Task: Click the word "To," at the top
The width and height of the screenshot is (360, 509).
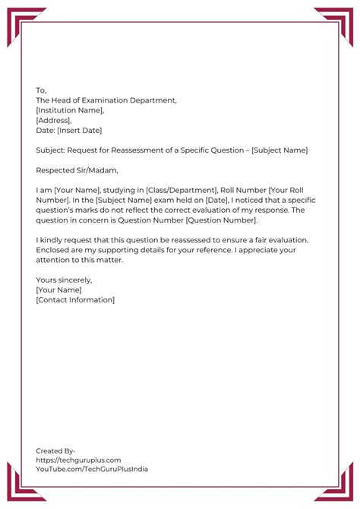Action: click(41, 90)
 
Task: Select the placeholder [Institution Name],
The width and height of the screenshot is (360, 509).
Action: click(70, 110)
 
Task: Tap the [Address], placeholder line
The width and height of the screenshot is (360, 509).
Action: click(54, 120)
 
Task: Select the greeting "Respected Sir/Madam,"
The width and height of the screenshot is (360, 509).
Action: click(77, 170)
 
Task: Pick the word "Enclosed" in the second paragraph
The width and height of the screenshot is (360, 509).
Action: click(54, 250)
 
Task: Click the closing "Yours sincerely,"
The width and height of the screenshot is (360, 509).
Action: click(64, 280)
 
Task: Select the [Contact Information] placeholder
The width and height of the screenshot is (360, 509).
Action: click(75, 300)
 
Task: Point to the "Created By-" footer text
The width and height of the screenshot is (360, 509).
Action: click(55, 451)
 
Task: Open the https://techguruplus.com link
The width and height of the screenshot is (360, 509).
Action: click(78, 460)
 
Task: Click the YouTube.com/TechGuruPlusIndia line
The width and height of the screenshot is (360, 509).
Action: click(91, 469)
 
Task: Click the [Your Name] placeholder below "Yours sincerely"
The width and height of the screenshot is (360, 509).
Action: click(58, 290)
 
